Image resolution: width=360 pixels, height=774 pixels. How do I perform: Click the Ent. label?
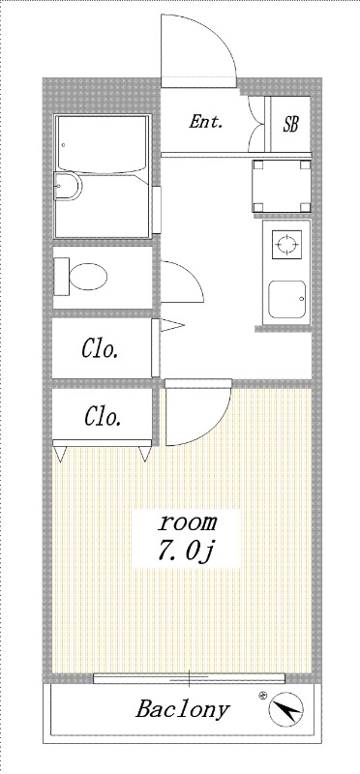click(205, 122)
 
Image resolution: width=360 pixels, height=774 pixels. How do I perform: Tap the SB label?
click(290, 124)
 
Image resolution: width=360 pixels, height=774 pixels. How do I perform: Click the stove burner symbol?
click(287, 245)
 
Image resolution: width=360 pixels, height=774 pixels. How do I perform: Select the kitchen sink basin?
click(287, 302)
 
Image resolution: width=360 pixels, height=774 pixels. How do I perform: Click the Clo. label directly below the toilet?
click(100, 349)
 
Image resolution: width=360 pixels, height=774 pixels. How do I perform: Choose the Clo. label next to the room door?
click(103, 417)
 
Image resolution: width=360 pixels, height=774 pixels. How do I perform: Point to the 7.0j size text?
click(188, 551)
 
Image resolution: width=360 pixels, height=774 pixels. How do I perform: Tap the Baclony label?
click(182, 709)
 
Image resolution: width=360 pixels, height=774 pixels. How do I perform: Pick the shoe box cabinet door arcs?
click(258, 124)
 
